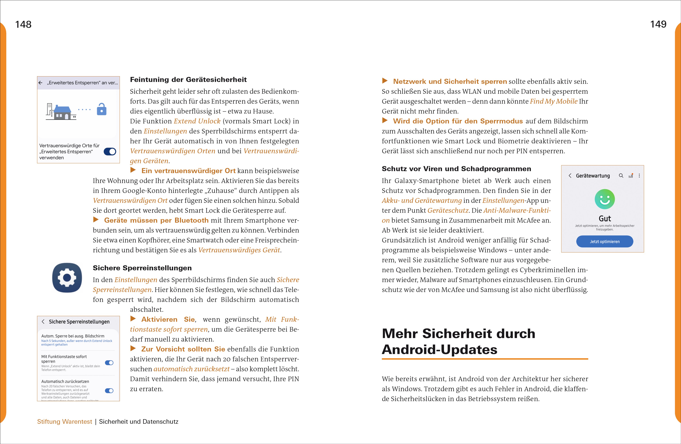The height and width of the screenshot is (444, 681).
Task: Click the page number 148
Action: [x=23, y=24]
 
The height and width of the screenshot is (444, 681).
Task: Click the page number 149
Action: [x=658, y=24]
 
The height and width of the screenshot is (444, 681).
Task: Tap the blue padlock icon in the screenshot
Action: [x=102, y=109]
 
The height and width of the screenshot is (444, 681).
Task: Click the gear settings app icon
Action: [x=67, y=277]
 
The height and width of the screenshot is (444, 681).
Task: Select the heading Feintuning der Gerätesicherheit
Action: [x=188, y=80]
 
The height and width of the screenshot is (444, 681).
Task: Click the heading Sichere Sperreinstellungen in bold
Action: [x=142, y=268]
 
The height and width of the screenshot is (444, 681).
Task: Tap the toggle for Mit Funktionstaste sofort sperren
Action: [x=109, y=363]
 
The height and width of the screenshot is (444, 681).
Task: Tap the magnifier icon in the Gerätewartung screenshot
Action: [x=621, y=175]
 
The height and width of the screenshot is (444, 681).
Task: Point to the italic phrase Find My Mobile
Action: [x=553, y=101]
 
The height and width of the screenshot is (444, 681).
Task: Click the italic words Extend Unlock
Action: [x=197, y=121]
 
